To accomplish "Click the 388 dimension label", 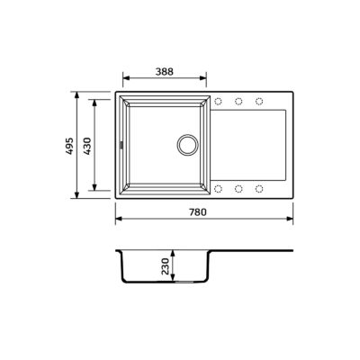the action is [x=165, y=72].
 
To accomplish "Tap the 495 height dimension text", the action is [x=69, y=146].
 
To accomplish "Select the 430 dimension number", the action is [x=87, y=146].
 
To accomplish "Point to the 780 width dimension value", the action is [x=198, y=212].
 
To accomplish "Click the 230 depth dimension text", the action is [x=166, y=266].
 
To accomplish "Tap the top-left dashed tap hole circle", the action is [x=218, y=102].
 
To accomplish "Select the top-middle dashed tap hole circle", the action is [x=238, y=102].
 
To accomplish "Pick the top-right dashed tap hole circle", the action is [x=259, y=102].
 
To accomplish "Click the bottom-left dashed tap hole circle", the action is [x=218, y=189].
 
